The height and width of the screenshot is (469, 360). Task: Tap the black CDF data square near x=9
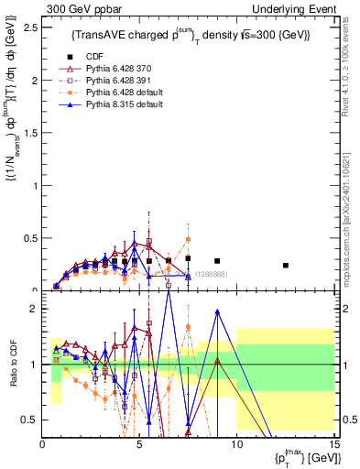217,261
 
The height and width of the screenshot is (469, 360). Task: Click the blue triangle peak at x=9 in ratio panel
217,311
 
